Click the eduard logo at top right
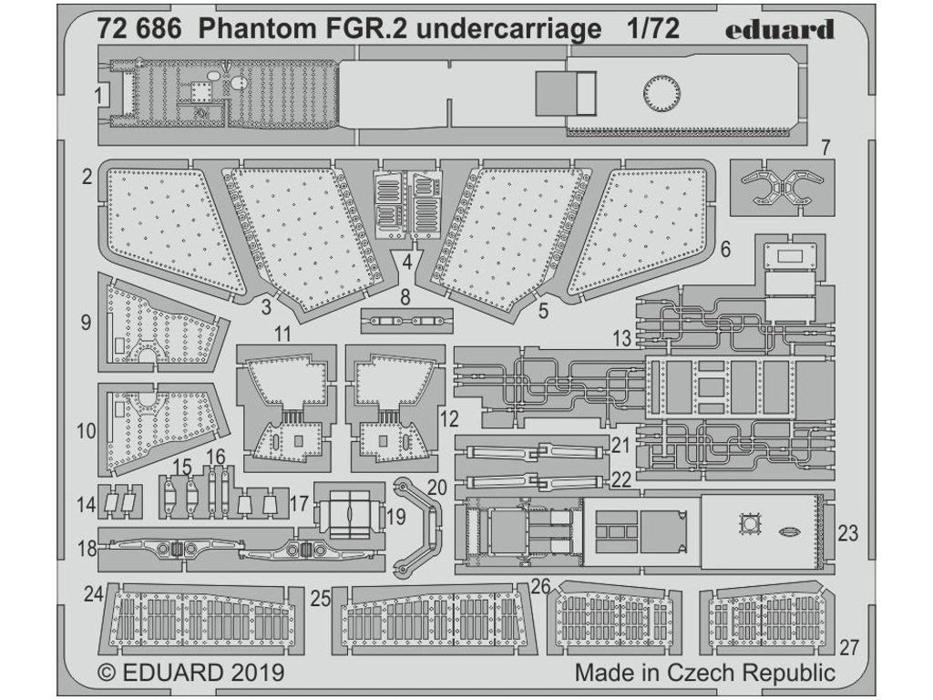coord(781,29)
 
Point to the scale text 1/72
coord(652,29)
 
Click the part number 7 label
coord(825,147)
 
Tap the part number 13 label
coord(622,339)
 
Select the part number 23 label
coord(847,534)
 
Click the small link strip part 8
coord(405,321)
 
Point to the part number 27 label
coord(849,648)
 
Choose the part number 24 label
coord(94,594)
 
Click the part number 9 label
coord(87,322)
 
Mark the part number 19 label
coord(395,516)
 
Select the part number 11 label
coord(282,335)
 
